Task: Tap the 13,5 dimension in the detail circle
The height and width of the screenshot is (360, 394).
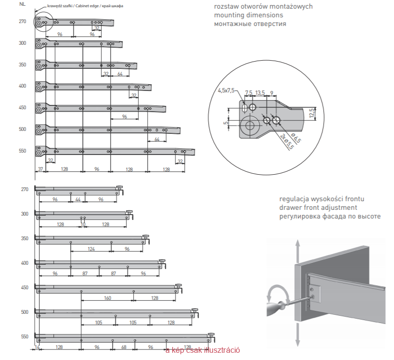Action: (260, 92)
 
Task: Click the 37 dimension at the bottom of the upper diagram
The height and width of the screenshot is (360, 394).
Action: (40, 169)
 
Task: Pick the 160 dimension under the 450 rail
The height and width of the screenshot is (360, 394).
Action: (107, 298)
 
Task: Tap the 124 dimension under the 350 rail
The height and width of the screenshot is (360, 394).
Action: (91, 249)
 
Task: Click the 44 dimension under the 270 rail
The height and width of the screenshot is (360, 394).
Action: (78, 199)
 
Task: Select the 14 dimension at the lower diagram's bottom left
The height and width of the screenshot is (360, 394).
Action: (37, 347)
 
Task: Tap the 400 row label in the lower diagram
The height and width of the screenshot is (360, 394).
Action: (25, 263)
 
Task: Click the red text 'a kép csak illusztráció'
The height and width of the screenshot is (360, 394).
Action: (202, 350)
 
